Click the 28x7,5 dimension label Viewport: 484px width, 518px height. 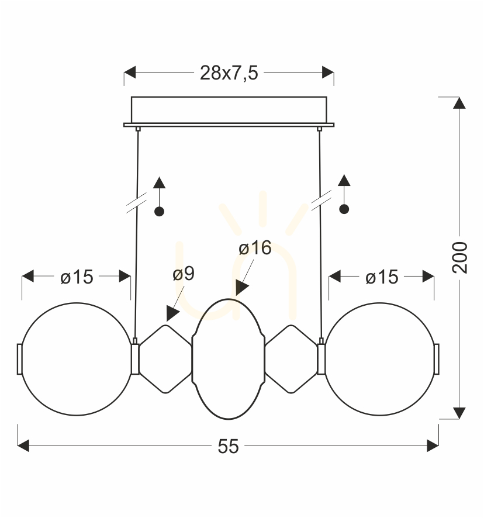(x=229, y=72)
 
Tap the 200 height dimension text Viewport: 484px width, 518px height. (x=459, y=258)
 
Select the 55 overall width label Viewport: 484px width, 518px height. (x=228, y=447)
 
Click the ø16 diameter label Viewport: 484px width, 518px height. (x=255, y=248)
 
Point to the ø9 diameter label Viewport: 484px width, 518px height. (x=184, y=274)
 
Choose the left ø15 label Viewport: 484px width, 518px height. (x=77, y=277)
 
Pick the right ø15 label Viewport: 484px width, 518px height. (x=382, y=277)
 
